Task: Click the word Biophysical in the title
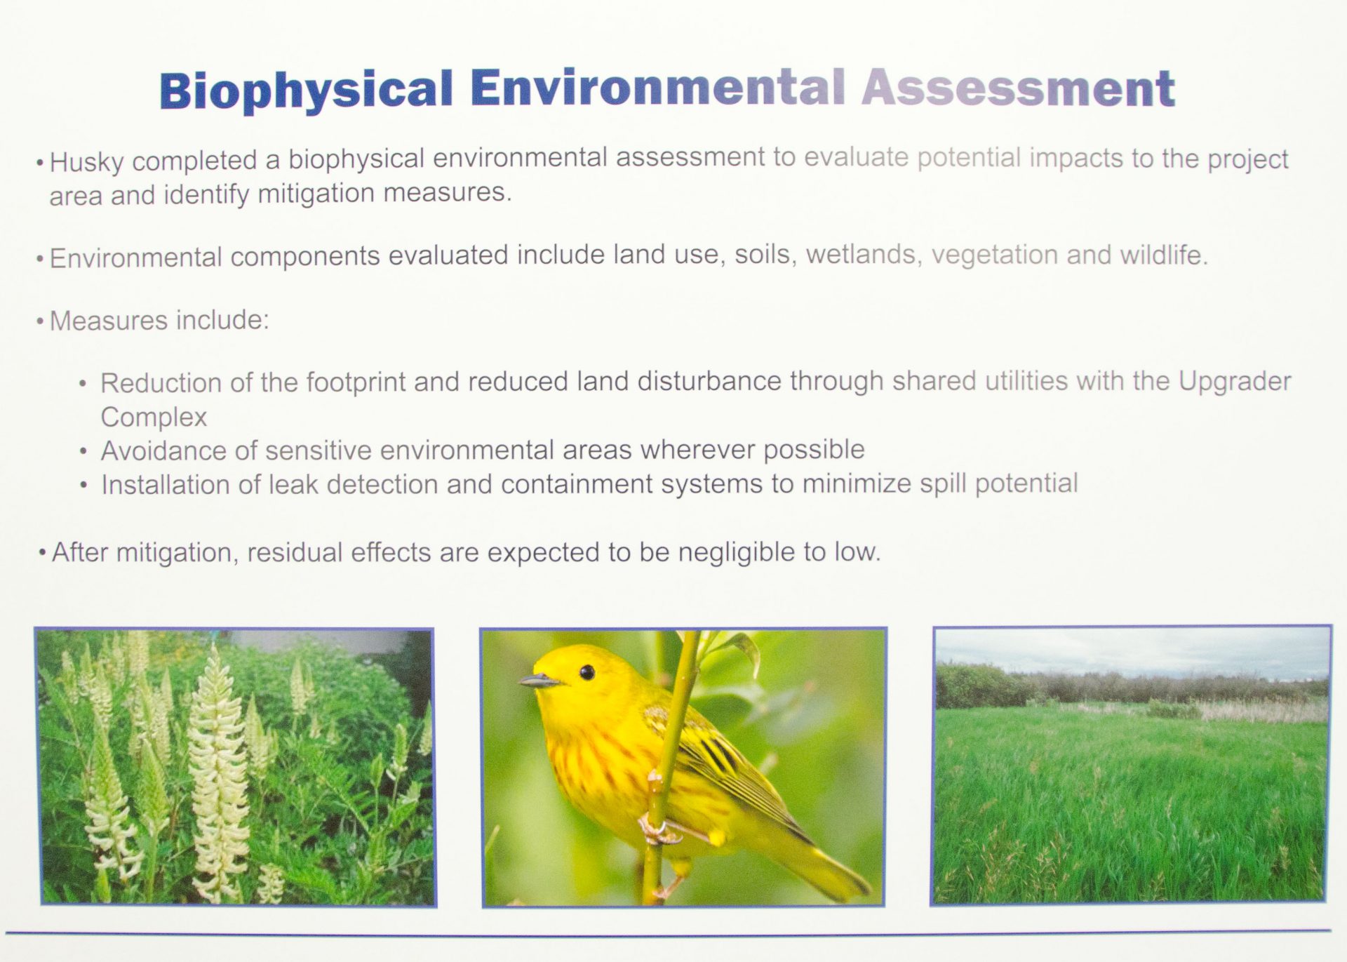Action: pyautogui.click(x=306, y=91)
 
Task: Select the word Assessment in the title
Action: pyautogui.click(x=1018, y=88)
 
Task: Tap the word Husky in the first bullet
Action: pyautogui.click(x=87, y=162)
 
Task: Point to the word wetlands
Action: pyautogui.click(x=862, y=254)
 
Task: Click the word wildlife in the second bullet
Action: pyautogui.click(x=1164, y=255)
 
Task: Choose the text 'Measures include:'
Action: pyautogui.click(x=159, y=320)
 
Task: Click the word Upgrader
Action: pyautogui.click(x=1235, y=381)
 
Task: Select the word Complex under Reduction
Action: pyautogui.click(x=154, y=417)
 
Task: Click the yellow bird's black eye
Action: pyautogui.click(x=587, y=672)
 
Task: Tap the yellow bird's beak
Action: pyautogui.click(x=539, y=680)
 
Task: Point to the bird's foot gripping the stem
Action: pyautogui.click(x=657, y=829)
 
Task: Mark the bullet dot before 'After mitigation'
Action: pyautogui.click(x=43, y=553)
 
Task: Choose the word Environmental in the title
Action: pyautogui.click(x=657, y=89)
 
